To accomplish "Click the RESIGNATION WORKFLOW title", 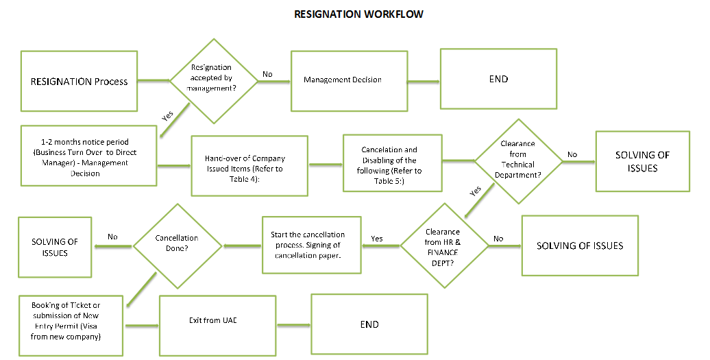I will click(x=358, y=14).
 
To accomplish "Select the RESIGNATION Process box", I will click(x=79, y=81).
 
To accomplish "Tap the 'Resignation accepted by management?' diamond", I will click(x=213, y=80).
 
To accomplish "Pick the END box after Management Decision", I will click(x=498, y=79).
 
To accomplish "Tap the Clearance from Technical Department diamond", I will click(x=519, y=161).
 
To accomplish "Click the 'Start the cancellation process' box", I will click(x=311, y=245).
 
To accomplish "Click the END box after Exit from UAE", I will click(x=369, y=324).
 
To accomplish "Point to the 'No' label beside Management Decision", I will click(x=267, y=74).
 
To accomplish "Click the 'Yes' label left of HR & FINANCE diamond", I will click(x=377, y=239).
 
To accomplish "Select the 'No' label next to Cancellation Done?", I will click(x=112, y=237).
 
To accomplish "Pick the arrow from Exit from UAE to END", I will click(x=293, y=325).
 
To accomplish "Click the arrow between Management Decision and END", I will click(x=423, y=82).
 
